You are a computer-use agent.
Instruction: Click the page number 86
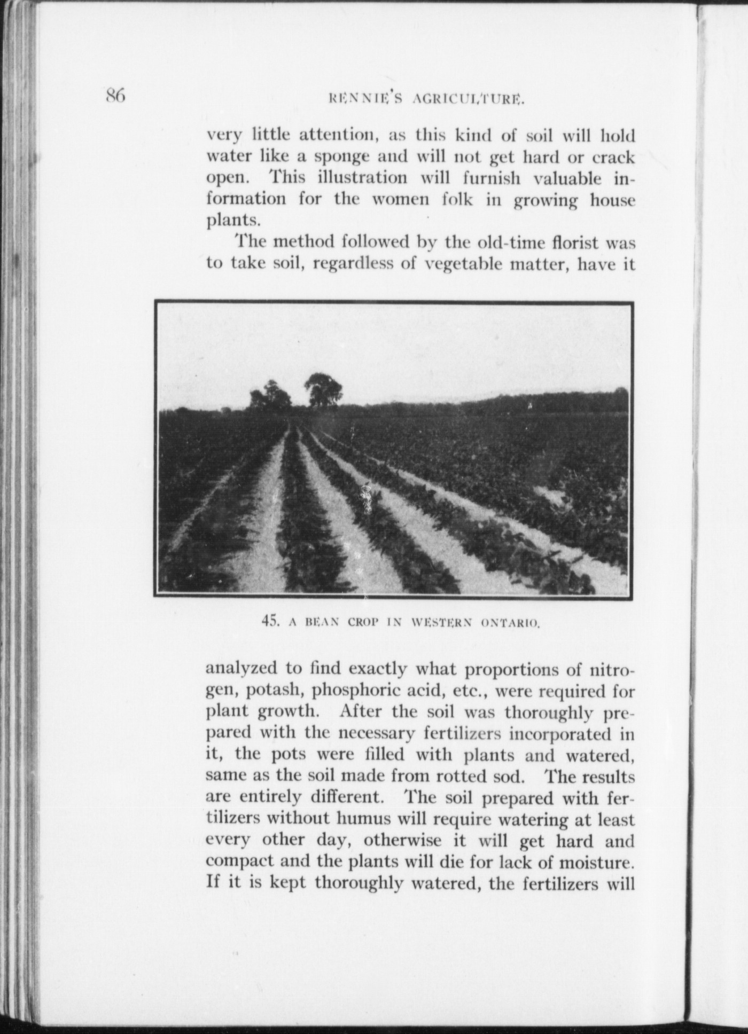click(115, 96)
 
